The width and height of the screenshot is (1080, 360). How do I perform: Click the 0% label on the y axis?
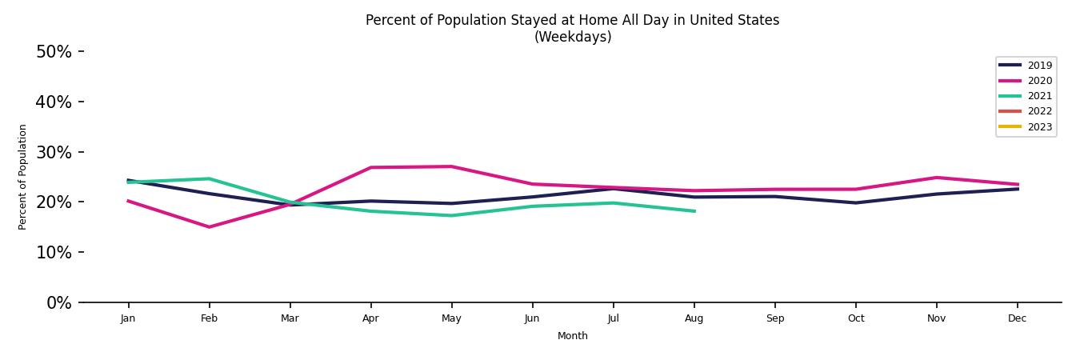point(58,303)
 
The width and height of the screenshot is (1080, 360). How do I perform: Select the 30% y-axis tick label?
point(54,152)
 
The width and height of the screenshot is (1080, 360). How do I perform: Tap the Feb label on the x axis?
point(209,318)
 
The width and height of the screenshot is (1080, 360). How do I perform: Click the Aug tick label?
point(694,318)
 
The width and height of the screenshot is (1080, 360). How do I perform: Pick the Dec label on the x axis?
point(1017,318)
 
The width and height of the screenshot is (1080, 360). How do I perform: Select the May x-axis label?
point(451,318)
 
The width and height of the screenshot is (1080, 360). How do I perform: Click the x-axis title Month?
point(572,336)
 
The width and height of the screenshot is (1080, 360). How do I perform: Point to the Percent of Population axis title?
point(22,177)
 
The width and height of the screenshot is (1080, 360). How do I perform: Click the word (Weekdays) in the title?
point(572,38)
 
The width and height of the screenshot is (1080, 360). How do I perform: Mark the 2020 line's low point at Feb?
point(209,227)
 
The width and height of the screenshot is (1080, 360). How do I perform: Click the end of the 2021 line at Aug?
point(694,211)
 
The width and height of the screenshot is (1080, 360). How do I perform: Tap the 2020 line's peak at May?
point(451,166)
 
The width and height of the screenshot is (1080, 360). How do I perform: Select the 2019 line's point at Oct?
point(855,202)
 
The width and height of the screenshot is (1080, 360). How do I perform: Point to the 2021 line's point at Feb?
point(209,178)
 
